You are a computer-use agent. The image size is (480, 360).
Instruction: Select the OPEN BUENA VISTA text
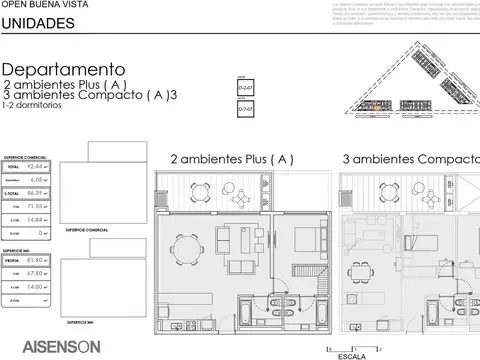[35, 5]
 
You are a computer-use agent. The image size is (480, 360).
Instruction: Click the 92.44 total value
[39, 168]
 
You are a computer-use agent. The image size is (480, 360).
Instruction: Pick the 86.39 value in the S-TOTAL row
[39, 192]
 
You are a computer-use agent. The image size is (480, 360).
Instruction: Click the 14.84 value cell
[39, 219]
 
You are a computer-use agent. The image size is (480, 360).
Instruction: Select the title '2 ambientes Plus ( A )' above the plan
[231, 159]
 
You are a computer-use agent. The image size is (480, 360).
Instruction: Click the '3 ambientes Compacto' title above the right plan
[410, 159]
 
